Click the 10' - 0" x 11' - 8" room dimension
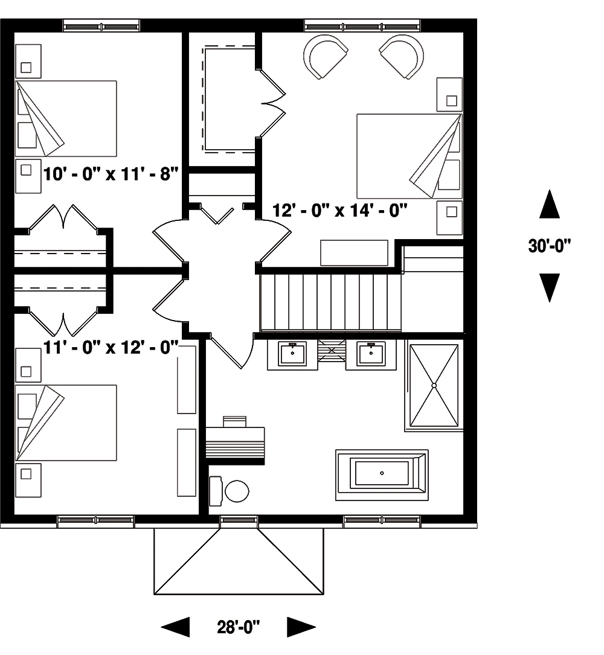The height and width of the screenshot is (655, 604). [111, 174]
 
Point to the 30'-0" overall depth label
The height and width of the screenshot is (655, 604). [549, 246]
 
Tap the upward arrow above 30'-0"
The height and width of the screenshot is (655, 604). [549, 205]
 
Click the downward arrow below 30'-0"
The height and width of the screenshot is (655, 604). [549, 287]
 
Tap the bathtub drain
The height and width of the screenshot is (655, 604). [382, 473]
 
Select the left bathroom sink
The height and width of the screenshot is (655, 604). [293, 354]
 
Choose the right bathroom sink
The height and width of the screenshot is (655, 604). [371, 354]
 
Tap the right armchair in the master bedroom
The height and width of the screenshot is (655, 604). [399, 56]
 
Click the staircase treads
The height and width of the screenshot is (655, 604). [330, 301]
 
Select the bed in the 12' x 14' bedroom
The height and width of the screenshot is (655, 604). [409, 156]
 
